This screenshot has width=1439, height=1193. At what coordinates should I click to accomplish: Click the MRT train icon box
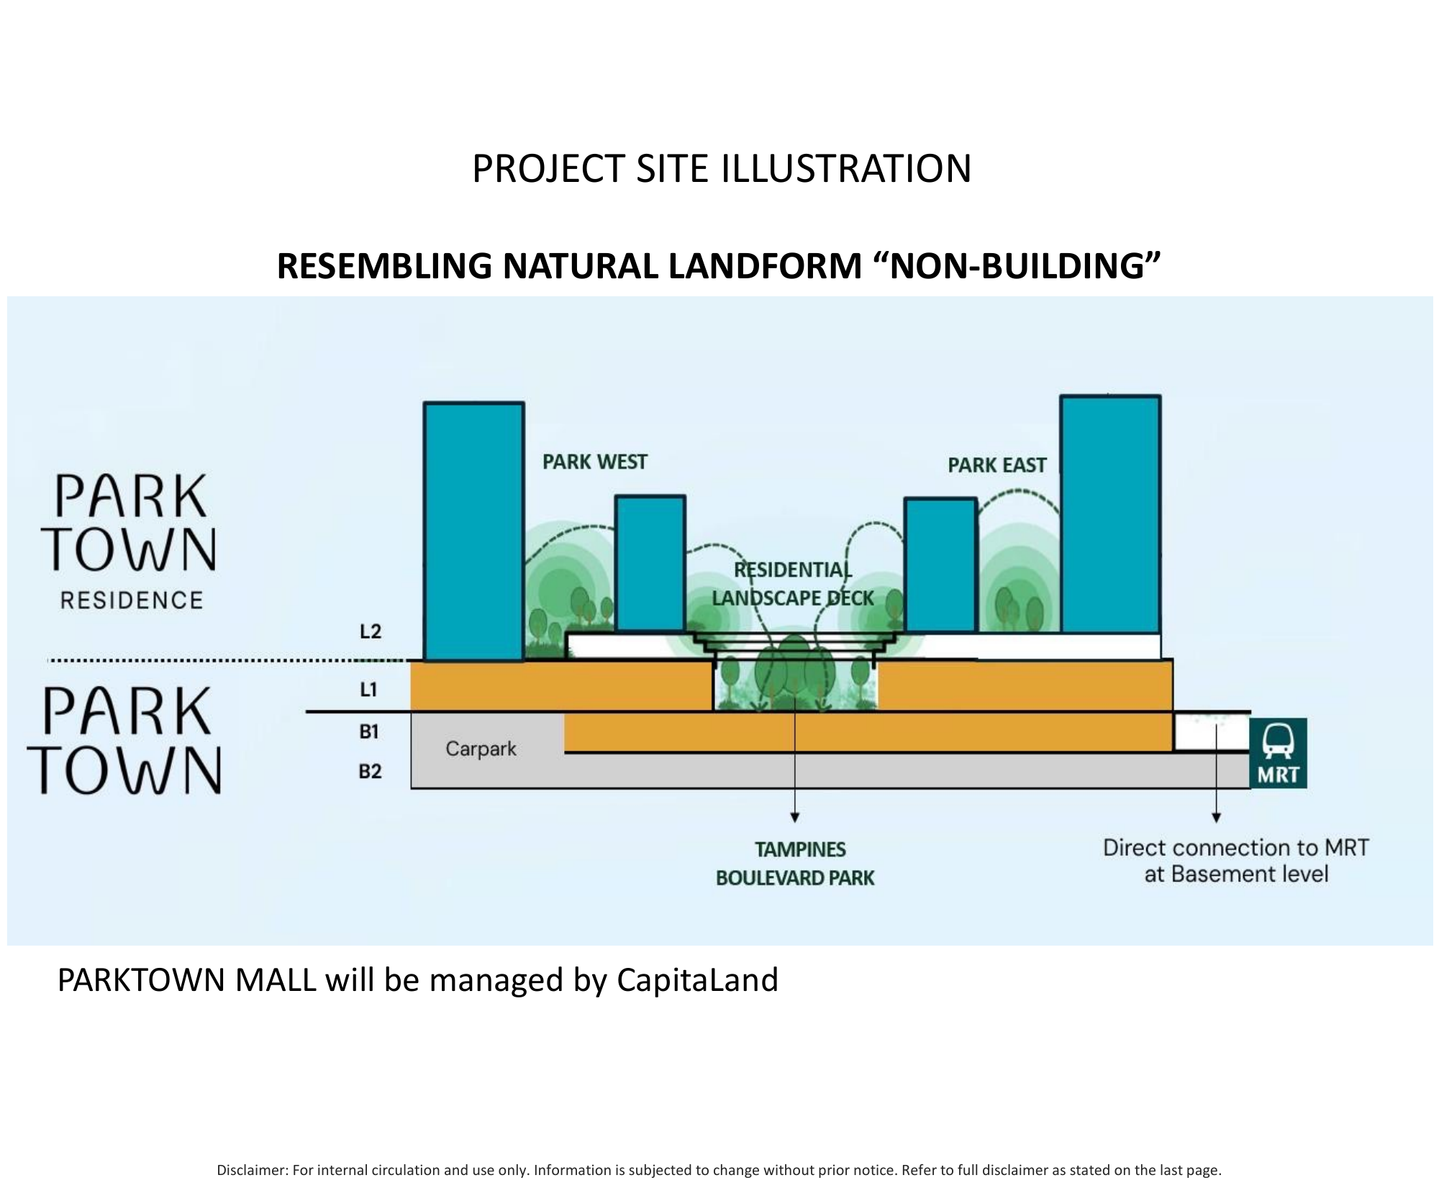1278,753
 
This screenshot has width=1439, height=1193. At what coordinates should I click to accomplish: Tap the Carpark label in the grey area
481,749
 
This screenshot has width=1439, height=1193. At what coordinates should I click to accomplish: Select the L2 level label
370,631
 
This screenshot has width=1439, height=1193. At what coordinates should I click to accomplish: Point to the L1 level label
368,690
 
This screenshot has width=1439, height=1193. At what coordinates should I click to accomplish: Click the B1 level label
369,731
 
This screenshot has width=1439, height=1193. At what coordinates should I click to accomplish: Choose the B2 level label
370,772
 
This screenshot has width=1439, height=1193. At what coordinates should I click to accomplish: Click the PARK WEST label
594,462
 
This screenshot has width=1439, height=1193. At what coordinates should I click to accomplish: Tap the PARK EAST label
997,465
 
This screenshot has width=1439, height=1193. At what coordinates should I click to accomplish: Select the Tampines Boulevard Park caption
796,864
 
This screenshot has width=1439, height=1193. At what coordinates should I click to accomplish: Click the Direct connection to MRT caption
1235,861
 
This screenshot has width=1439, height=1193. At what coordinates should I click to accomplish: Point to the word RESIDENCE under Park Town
132,600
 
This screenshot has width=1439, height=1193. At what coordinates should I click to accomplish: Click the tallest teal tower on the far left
473,531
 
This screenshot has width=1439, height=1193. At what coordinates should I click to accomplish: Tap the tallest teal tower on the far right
1110,513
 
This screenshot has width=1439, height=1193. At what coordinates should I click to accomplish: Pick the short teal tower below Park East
940,564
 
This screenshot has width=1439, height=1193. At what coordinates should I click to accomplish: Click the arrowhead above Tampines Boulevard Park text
795,817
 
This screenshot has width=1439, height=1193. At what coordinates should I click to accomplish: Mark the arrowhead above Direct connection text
1216,817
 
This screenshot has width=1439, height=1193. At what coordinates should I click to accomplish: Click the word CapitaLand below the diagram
697,980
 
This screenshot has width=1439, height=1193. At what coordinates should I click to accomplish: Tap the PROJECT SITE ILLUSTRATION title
722,168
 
